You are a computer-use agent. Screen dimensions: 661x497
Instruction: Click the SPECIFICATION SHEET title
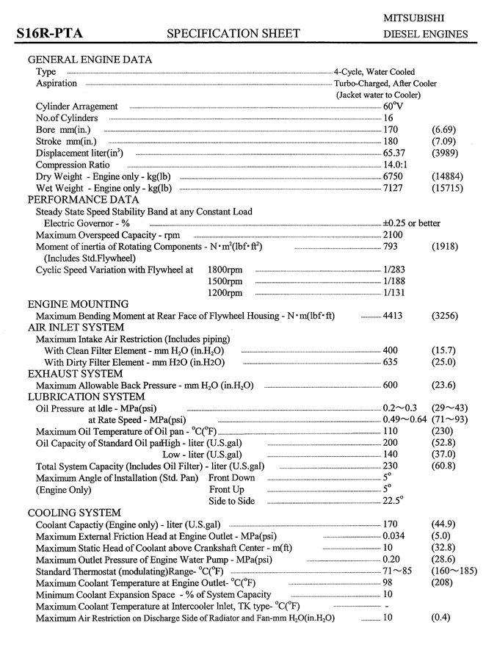click(x=233, y=33)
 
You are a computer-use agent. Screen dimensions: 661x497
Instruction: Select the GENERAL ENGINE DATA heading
click(x=90, y=59)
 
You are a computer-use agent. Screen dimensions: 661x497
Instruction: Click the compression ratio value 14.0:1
click(x=396, y=165)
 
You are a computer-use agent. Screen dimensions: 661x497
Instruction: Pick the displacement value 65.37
click(x=394, y=153)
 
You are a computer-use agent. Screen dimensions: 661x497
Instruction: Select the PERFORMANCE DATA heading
click(x=83, y=199)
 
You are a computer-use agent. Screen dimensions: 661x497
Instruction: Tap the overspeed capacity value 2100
click(x=393, y=235)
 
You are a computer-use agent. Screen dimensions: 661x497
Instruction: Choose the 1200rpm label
click(x=225, y=293)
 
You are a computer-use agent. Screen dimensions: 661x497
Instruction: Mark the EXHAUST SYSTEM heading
click(x=76, y=374)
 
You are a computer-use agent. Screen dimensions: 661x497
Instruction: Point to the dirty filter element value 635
click(x=390, y=362)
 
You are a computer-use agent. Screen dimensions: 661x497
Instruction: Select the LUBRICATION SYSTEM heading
click(x=86, y=397)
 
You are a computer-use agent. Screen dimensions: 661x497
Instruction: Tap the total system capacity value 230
click(x=390, y=466)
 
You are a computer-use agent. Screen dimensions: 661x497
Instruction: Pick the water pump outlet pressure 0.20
click(x=391, y=559)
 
